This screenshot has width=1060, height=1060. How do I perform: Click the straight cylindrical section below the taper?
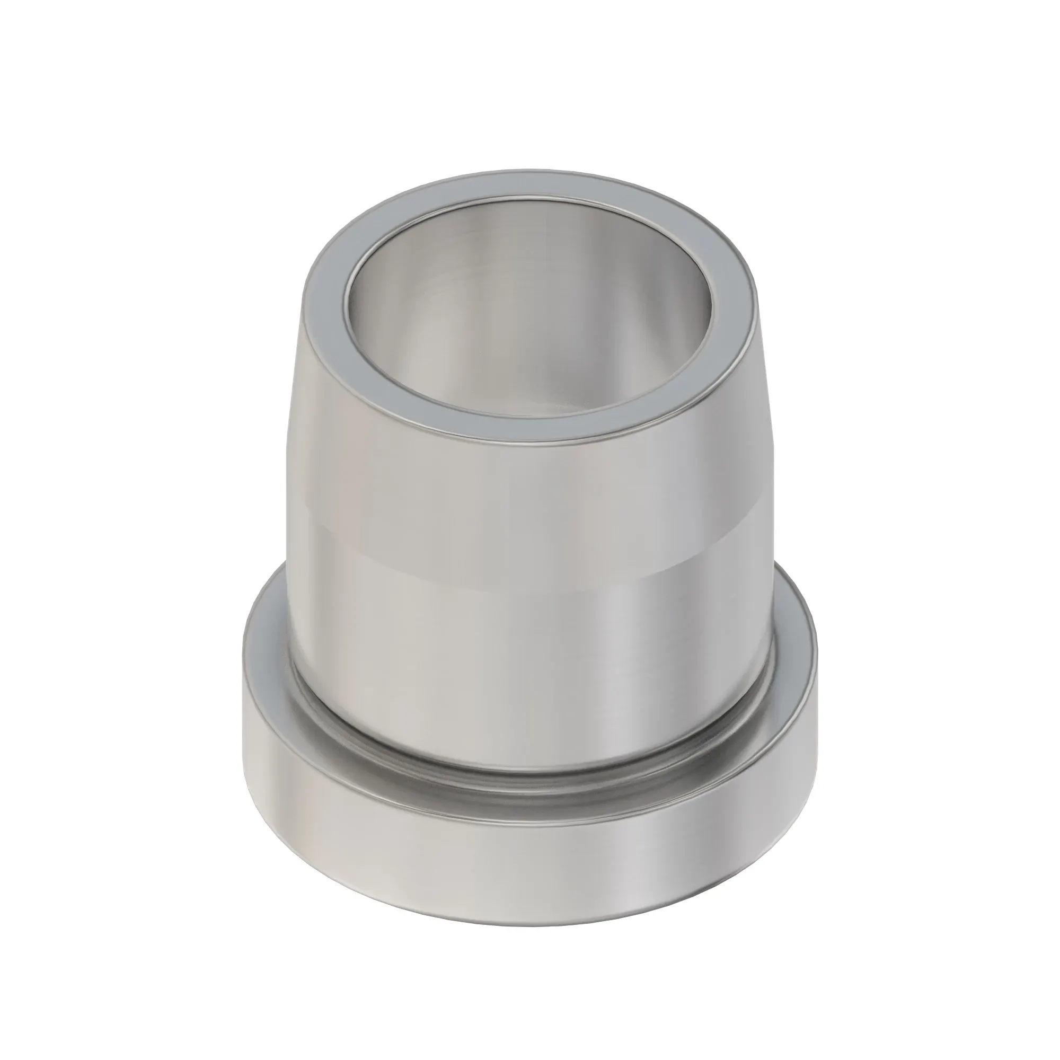click(x=494, y=631)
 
